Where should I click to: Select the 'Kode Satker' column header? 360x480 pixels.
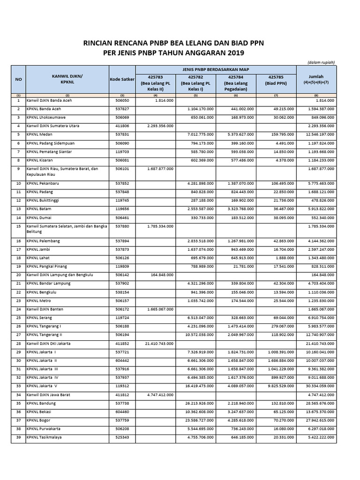[x=122, y=80]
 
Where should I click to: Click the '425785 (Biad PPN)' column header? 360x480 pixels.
[x=276, y=80]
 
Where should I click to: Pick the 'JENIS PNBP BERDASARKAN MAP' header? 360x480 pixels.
[x=216, y=69]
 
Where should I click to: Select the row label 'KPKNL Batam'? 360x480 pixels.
[x=40, y=208]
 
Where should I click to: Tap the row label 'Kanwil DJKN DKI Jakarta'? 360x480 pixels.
[x=49, y=343]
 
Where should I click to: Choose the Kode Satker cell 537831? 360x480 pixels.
[x=122, y=134]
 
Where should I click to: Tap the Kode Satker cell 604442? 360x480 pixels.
[x=122, y=360]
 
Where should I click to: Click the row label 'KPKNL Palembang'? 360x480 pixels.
[x=43, y=241]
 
